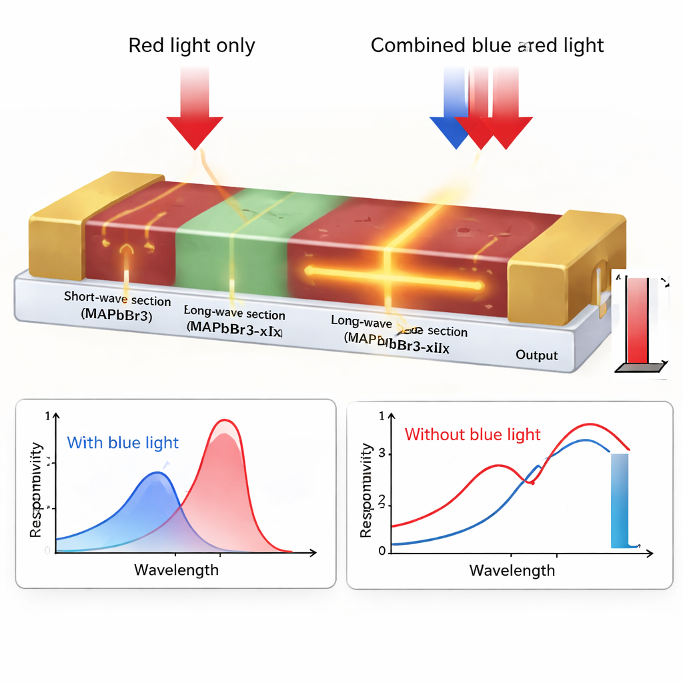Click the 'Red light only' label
191,46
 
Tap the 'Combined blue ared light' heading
487,46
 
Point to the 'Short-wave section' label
117,299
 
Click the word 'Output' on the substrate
536,355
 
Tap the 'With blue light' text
123,443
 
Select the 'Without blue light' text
472,435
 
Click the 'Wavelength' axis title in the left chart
176,570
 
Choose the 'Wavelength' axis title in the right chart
512,570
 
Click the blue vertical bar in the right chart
620,500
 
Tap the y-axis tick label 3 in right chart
382,454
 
